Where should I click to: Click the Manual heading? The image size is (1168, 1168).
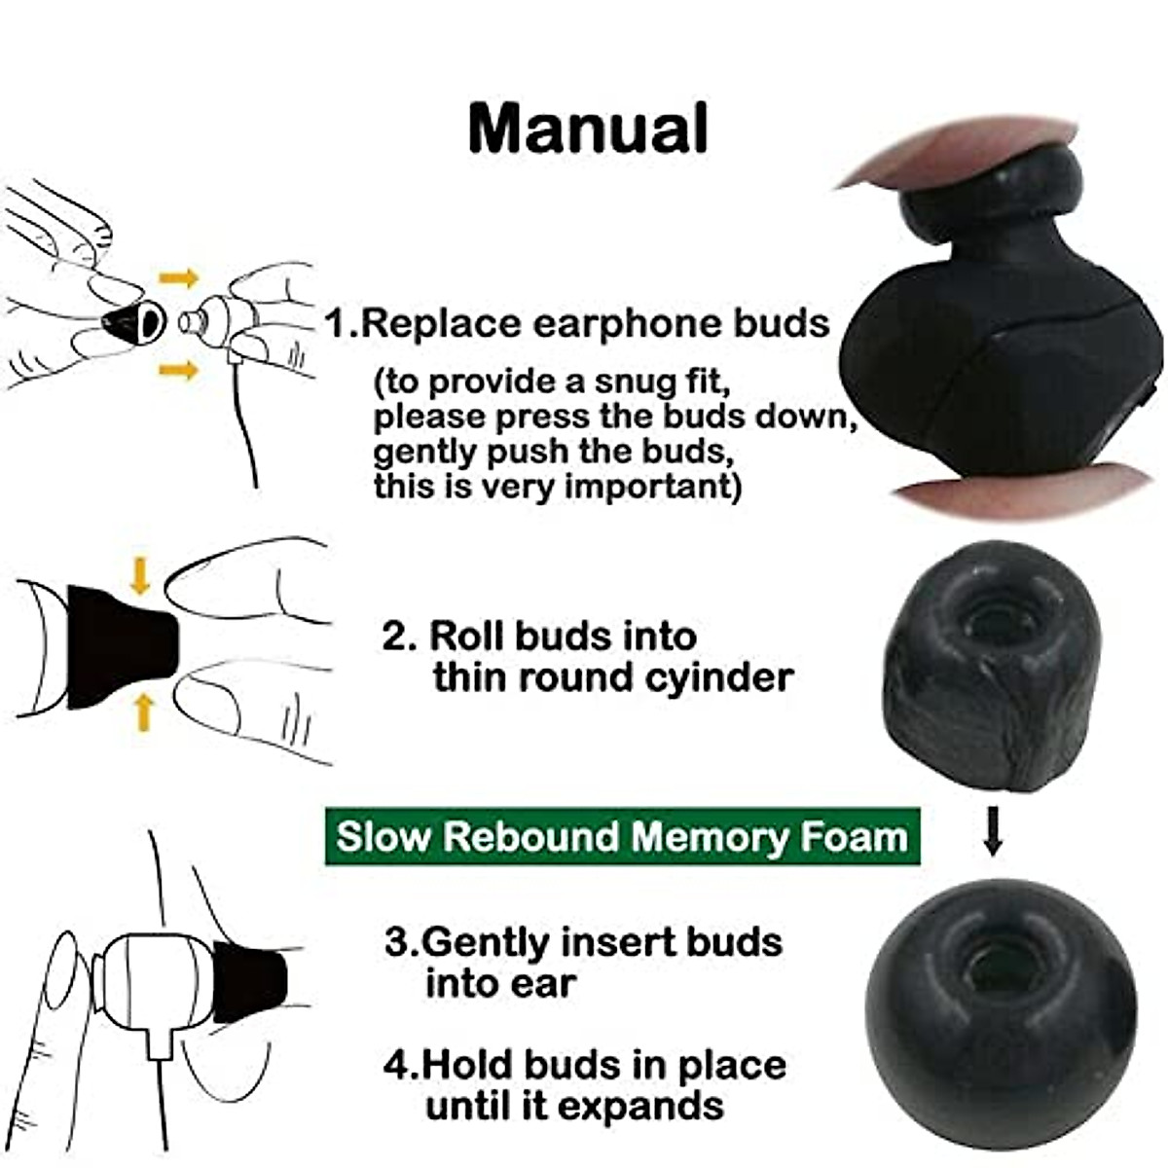pyautogui.click(x=588, y=128)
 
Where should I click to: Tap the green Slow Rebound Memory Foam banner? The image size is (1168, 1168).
pyautogui.click(x=622, y=837)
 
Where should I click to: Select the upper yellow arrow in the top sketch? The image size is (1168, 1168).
pyautogui.click(x=178, y=279)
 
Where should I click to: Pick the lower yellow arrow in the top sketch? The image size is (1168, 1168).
pyautogui.click(x=178, y=369)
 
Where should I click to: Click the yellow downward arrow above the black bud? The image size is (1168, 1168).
pyautogui.click(x=140, y=574)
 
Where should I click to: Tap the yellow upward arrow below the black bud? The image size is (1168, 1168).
pyautogui.click(x=144, y=712)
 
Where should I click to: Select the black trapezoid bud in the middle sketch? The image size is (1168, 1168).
pyautogui.click(x=119, y=646)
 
